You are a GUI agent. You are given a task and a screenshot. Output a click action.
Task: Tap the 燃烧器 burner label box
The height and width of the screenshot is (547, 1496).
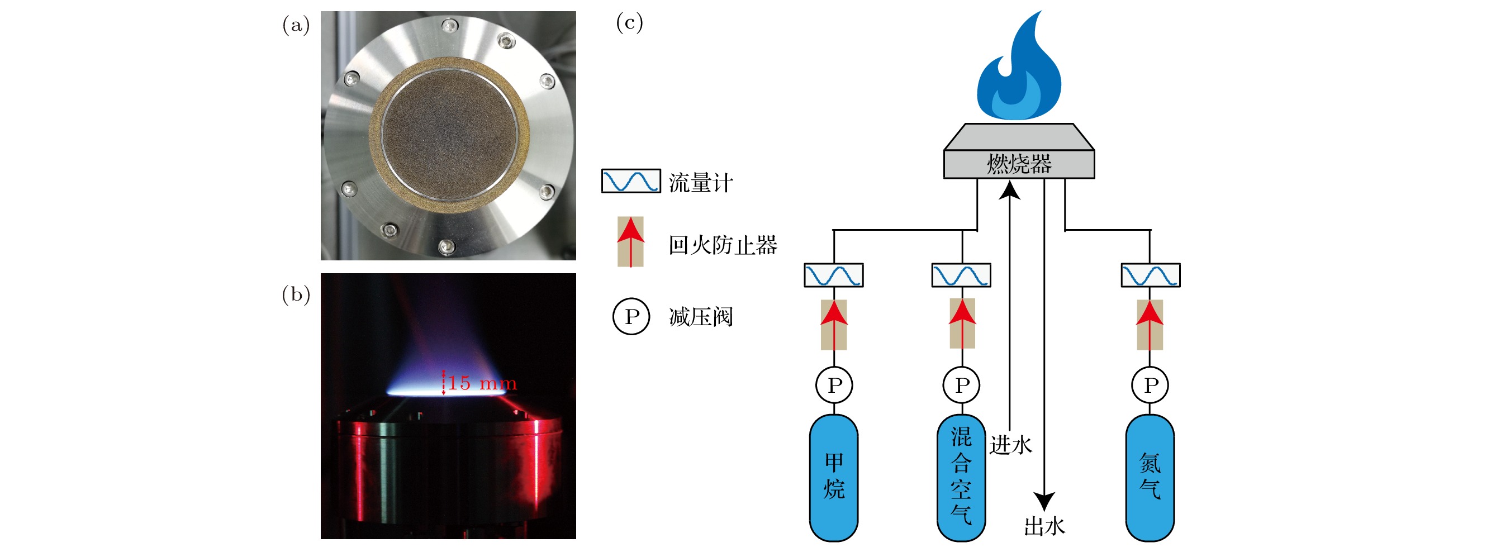(1019, 164)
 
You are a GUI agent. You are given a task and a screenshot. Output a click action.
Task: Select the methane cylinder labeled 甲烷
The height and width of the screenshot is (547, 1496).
(833, 477)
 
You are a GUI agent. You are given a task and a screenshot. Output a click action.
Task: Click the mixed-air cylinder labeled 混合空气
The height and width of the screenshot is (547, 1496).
(961, 477)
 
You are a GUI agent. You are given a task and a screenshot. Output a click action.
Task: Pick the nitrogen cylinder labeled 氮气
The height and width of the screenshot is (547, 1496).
(1150, 477)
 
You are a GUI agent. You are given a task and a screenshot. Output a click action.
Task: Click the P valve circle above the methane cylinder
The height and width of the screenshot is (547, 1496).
(834, 384)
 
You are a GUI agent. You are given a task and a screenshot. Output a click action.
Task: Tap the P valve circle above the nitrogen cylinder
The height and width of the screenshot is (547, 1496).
(1151, 384)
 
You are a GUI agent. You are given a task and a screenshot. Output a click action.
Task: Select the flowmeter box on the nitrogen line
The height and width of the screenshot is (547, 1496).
(1151, 275)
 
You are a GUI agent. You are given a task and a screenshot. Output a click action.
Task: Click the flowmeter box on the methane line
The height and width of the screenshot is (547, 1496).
(833, 275)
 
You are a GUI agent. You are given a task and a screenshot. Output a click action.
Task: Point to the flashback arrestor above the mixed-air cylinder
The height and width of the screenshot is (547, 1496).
(962, 324)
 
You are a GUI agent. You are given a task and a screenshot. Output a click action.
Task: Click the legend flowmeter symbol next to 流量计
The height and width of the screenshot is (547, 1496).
(631, 181)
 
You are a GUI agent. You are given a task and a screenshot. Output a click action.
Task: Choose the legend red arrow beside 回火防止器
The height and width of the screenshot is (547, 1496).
(631, 241)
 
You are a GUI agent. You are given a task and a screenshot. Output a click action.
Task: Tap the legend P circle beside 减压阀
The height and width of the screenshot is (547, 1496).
(631, 316)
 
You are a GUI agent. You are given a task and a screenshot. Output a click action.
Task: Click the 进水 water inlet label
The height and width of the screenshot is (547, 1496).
(1010, 445)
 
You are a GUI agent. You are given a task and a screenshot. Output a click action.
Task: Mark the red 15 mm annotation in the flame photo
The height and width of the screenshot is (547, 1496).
(481, 383)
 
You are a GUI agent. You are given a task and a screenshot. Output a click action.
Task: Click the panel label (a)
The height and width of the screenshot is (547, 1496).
(296, 25)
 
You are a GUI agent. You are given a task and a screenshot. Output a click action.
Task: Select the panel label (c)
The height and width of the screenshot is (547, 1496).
(629, 23)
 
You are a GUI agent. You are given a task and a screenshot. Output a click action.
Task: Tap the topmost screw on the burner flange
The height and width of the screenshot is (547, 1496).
(449, 26)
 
